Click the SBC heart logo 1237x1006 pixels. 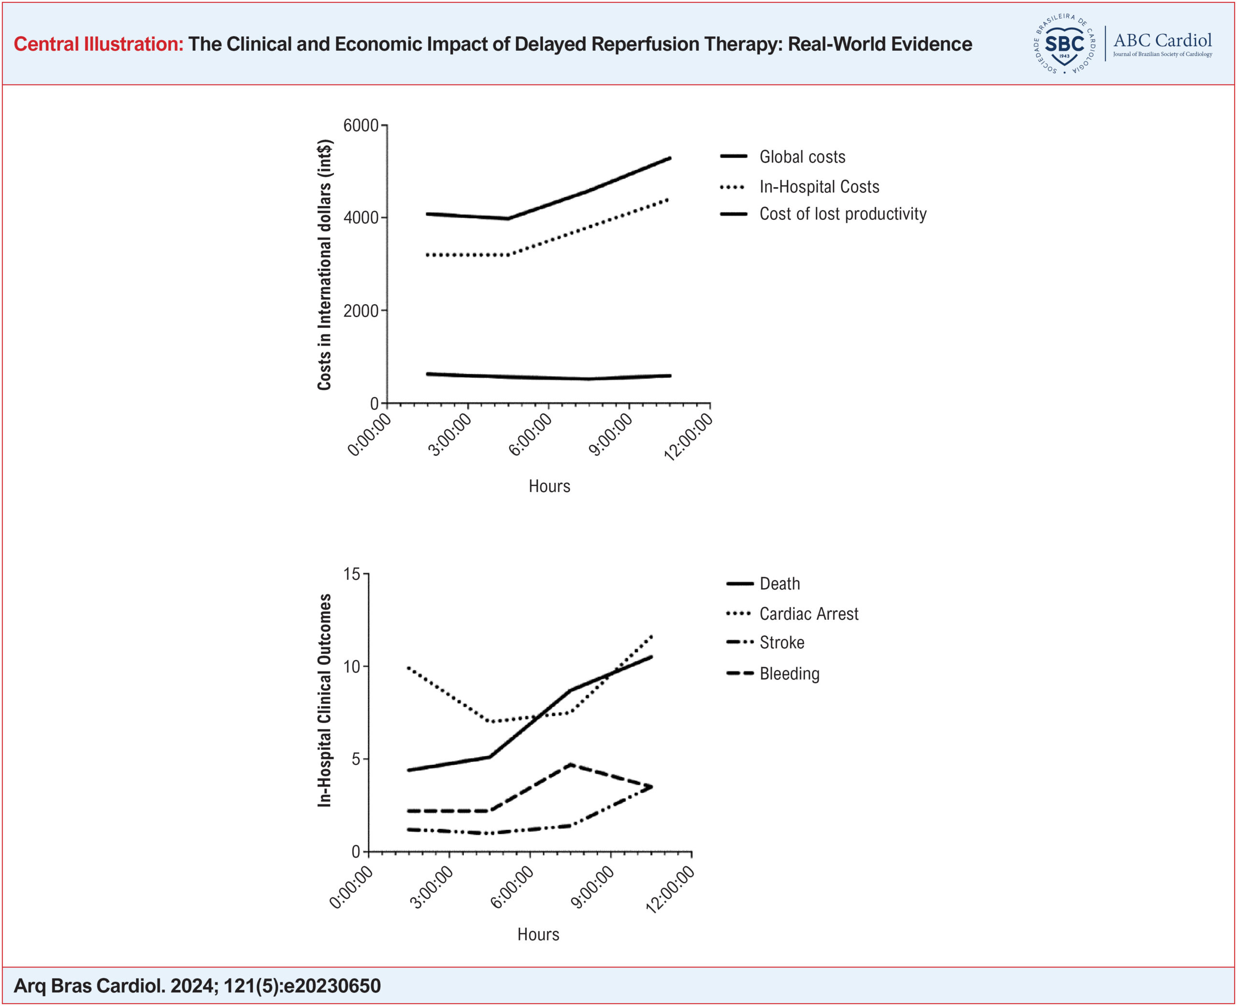coord(1064,44)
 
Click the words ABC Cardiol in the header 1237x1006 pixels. coord(1162,40)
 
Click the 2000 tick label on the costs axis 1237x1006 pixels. coord(361,311)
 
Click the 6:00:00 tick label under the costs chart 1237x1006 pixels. coord(531,435)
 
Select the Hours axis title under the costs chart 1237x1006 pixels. coord(549,486)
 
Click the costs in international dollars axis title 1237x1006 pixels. coord(324,265)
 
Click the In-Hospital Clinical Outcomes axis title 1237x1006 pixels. coord(324,700)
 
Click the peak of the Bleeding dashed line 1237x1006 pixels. coord(572,764)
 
